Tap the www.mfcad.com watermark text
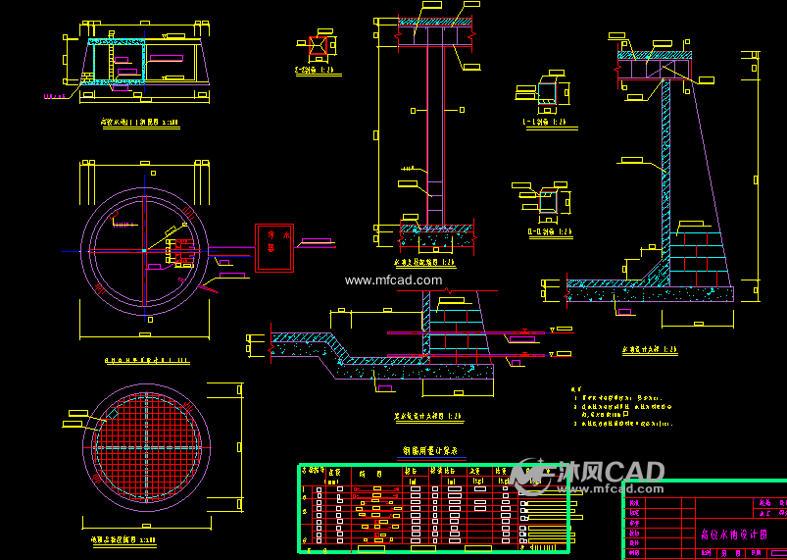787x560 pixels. coord(393,280)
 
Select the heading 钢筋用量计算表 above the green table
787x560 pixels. coord(433,451)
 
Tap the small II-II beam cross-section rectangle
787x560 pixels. coord(548,201)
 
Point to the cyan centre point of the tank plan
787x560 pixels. coord(144,251)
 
